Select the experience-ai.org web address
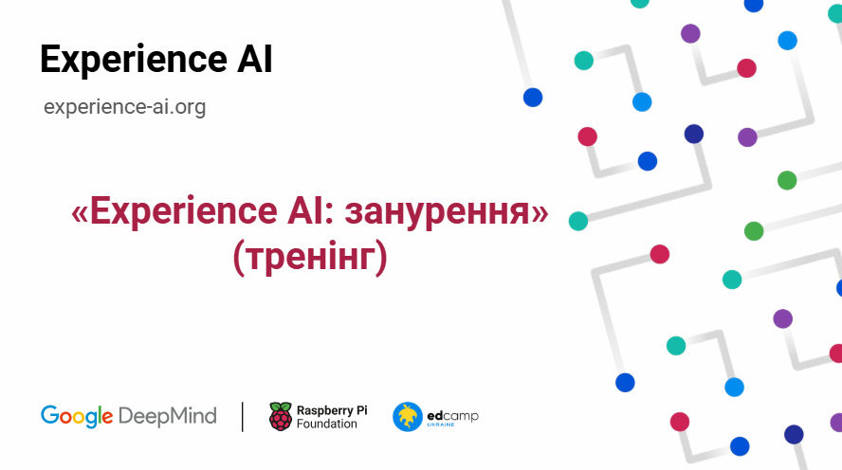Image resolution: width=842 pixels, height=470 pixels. tap(124, 107)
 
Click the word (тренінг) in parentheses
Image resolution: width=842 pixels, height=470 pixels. tap(310, 258)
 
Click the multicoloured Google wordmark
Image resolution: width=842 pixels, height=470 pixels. tap(77, 415)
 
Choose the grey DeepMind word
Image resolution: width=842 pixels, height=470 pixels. tap(168, 415)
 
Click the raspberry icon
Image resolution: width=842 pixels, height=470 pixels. tap(281, 416)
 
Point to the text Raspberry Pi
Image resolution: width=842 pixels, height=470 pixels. tap(332, 409)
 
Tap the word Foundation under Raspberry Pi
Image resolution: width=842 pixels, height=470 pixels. tap(327, 424)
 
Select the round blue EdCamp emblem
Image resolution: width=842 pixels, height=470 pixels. tap(408, 416)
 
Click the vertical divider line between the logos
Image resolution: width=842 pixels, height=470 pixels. tap(243, 416)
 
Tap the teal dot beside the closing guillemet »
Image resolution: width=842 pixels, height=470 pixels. tap(577, 221)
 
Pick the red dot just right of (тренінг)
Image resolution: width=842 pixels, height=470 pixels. tap(659, 254)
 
